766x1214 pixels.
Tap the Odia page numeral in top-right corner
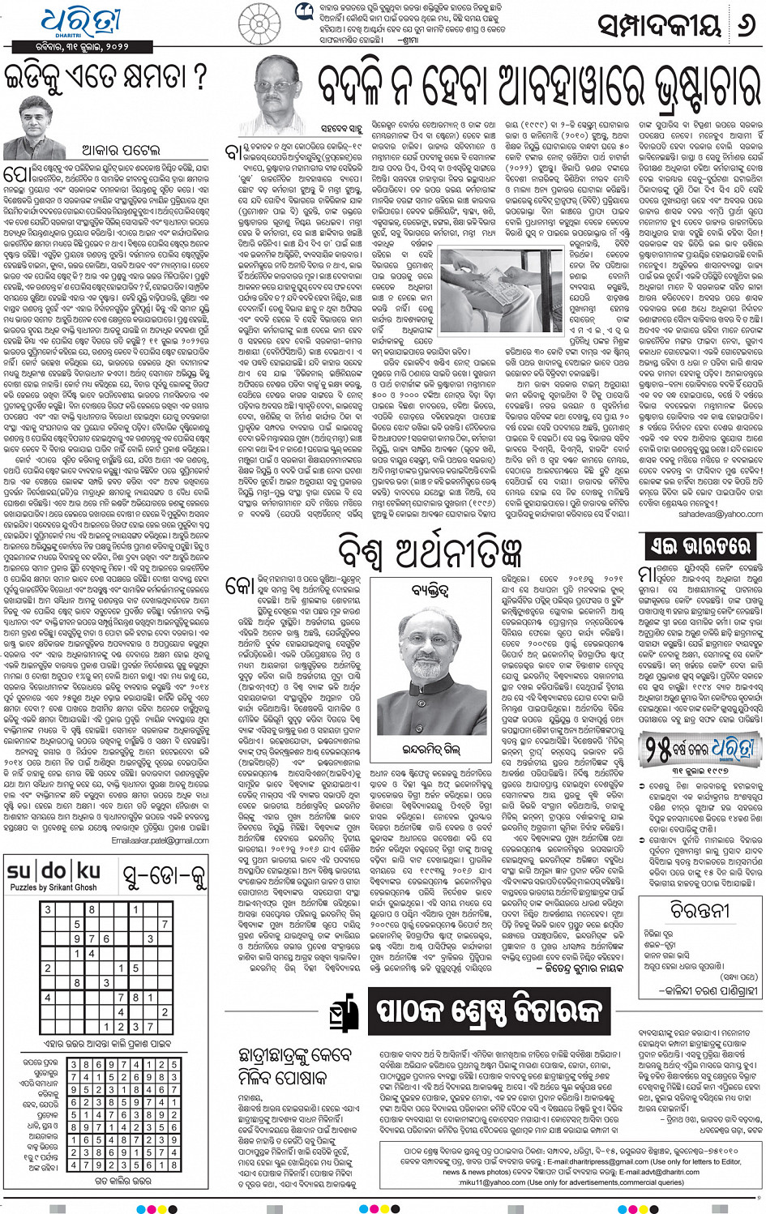coord(743,24)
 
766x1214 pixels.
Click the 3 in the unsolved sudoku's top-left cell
coord(47,910)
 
